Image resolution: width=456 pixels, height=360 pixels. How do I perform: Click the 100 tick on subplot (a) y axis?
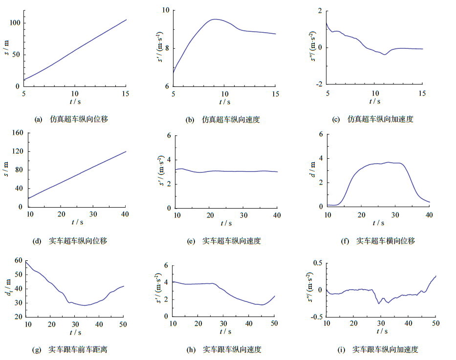[14, 23]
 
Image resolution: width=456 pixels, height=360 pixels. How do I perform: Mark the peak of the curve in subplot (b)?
[215, 20]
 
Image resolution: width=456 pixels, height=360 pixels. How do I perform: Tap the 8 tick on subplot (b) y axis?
[166, 48]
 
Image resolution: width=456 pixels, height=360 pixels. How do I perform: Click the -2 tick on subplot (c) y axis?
[318, 84]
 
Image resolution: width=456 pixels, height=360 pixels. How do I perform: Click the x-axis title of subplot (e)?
[225, 223]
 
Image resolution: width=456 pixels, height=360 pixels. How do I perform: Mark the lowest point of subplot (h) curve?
[262, 305]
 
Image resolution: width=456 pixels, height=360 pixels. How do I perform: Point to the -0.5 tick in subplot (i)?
[316, 317]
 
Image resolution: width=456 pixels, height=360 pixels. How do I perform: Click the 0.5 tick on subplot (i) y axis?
[317, 263]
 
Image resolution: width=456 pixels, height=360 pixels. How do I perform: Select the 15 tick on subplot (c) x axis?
[422, 93]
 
